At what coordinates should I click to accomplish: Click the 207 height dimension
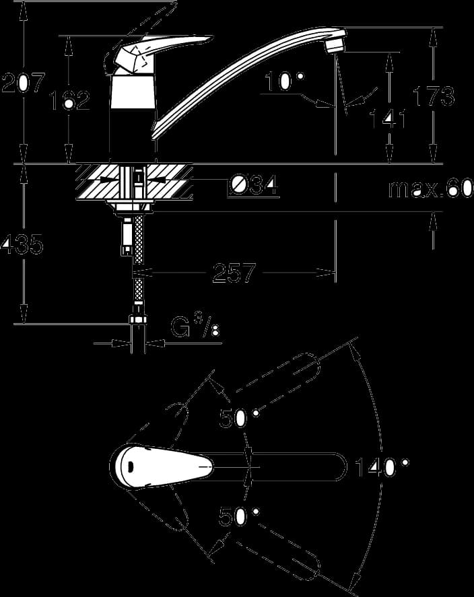tap(24, 83)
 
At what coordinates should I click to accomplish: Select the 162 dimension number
tap(69, 100)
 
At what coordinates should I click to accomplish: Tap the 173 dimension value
tap(434, 96)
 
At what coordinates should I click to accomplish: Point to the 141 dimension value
tap(387, 118)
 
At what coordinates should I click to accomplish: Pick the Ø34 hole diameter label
tap(254, 186)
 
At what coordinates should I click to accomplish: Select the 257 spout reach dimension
tap(234, 273)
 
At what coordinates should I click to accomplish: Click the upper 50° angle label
tap(239, 419)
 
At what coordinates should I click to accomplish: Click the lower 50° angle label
tap(239, 517)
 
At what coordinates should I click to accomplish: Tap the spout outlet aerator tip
tap(335, 44)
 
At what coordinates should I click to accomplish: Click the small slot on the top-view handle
tap(130, 465)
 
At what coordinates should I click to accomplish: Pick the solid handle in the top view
tap(161, 465)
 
